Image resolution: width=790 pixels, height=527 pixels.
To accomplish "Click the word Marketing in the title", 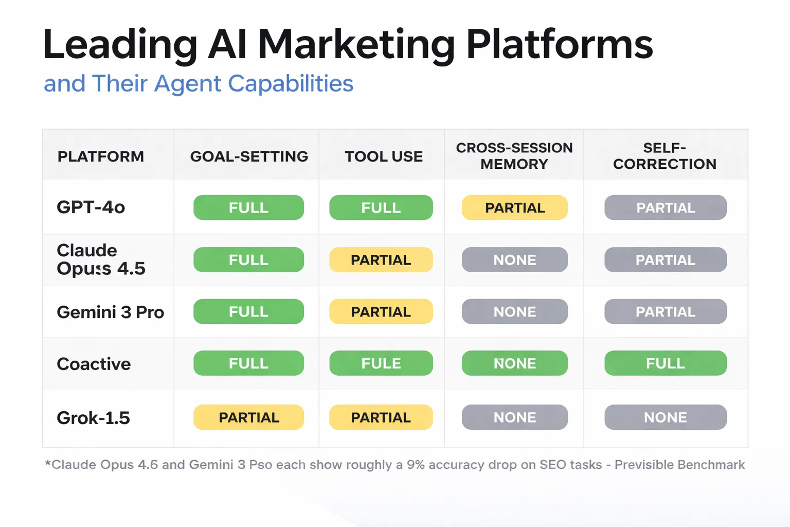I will coord(356,45).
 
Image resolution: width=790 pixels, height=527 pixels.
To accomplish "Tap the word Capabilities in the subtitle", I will coord(291,83).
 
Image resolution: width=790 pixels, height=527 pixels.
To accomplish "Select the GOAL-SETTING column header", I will coord(249,156).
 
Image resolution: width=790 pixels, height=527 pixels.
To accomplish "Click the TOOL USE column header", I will coord(384,156).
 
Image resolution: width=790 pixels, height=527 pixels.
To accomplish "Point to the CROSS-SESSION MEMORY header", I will coord(514,156).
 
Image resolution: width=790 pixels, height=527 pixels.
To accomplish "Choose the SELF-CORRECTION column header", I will coord(665,156).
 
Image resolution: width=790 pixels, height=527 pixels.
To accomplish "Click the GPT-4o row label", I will coord(91,207).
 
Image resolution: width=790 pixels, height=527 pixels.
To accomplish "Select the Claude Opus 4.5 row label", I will coord(101,259).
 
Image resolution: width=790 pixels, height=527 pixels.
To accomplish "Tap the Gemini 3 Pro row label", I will coord(110,312).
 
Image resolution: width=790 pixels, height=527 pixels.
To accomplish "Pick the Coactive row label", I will coord(94,364).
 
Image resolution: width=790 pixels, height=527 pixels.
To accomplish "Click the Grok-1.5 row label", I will coord(93,418).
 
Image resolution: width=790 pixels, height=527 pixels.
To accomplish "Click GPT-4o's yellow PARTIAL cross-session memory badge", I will coord(515,208).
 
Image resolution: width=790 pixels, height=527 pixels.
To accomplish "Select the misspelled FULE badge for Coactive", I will coord(381,363).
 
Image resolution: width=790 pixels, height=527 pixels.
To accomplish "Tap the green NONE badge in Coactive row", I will coord(515,363).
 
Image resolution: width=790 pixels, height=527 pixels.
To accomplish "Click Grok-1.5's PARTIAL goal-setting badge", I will coord(249,417).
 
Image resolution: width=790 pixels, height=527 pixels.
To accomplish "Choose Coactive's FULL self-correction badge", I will coord(666,363).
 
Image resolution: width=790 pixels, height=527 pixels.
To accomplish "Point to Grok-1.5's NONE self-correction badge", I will coord(666,417).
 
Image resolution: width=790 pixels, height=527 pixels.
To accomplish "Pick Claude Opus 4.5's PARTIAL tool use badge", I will coord(381,260).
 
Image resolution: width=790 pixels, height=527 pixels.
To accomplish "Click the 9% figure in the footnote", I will coord(416,465).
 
